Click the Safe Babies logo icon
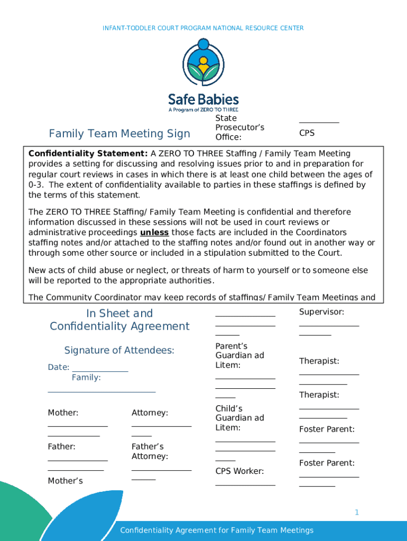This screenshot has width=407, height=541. point(203,63)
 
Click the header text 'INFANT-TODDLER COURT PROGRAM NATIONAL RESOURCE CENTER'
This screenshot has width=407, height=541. point(203,28)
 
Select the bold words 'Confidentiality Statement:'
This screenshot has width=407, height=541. point(88,154)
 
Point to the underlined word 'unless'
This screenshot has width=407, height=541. point(154,232)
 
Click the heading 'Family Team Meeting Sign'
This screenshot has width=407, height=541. point(119,134)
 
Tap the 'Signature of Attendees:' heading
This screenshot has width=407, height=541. point(119,350)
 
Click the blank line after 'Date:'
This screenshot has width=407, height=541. point(100,368)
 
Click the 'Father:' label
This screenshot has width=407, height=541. point(62,446)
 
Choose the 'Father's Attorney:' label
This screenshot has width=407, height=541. point(150,451)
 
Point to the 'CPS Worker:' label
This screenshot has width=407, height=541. point(239,471)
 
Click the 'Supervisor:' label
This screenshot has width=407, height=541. point(321,312)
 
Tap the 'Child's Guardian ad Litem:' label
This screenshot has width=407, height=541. point(239,418)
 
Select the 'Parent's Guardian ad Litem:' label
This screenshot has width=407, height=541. point(239,356)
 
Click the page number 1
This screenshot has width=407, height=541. point(357,512)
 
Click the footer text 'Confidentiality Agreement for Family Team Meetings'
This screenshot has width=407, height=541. point(217,530)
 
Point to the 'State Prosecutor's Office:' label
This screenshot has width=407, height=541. point(239,128)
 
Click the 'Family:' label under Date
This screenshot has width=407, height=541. point(86,378)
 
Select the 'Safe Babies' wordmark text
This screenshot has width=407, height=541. point(203,99)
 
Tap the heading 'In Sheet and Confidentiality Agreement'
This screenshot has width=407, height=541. point(119,320)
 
